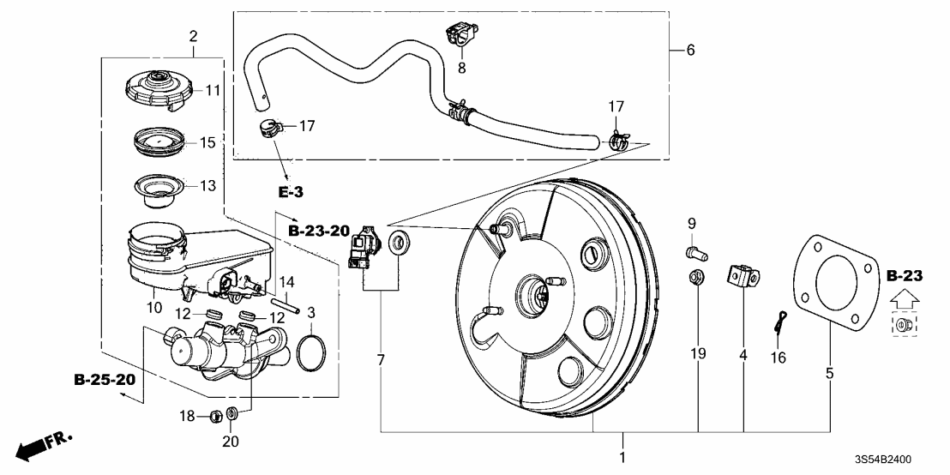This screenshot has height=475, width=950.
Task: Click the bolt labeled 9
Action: coord(694,252)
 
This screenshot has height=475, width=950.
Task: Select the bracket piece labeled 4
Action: coord(742,276)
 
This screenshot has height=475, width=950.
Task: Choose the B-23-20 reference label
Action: coord(319,231)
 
